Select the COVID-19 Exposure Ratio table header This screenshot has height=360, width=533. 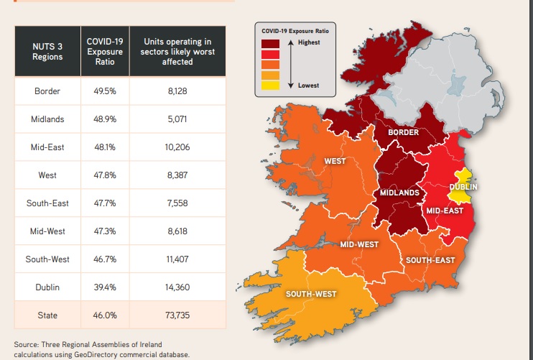pos(105,51)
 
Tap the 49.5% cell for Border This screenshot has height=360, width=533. pos(105,91)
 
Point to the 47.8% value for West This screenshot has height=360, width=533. pos(105,175)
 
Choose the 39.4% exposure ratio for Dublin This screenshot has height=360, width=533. pos(105,287)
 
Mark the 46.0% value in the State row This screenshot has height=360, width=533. pos(105,315)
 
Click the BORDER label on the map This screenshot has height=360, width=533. pos(403,133)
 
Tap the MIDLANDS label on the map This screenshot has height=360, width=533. pos(399,193)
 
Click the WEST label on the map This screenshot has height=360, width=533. pos(336,161)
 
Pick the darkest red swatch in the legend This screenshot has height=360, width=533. pos(270,44)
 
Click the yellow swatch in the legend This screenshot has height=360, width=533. pos(270,86)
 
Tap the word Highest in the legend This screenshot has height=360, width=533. pos(311,43)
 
